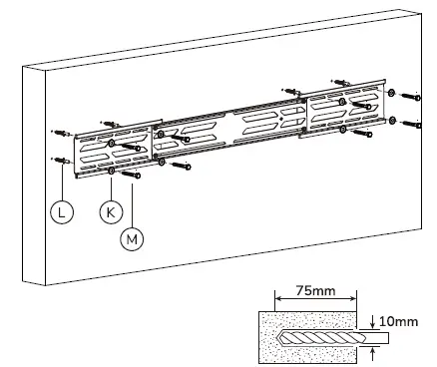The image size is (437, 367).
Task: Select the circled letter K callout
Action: [x=109, y=210]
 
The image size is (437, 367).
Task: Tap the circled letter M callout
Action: [x=131, y=237]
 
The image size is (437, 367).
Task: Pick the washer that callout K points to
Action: [x=110, y=171]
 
